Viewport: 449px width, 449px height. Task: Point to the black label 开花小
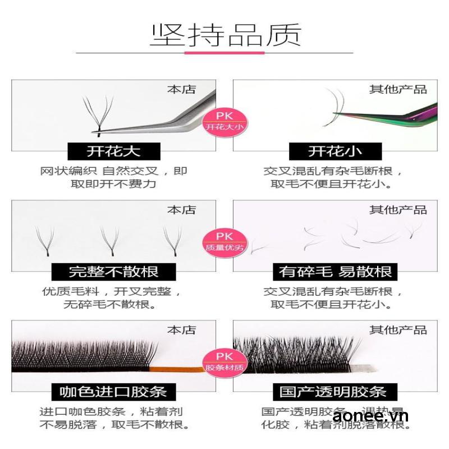coord(335,151)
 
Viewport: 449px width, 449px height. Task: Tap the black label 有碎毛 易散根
coord(335,272)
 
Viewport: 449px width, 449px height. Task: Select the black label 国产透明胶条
coord(335,391)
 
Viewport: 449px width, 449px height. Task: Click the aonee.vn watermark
coord(370,416)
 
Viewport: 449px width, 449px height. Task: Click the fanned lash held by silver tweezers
coord(97,115)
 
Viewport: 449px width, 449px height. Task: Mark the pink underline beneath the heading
coord(224,53)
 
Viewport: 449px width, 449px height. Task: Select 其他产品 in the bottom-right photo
coord(398,329)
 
